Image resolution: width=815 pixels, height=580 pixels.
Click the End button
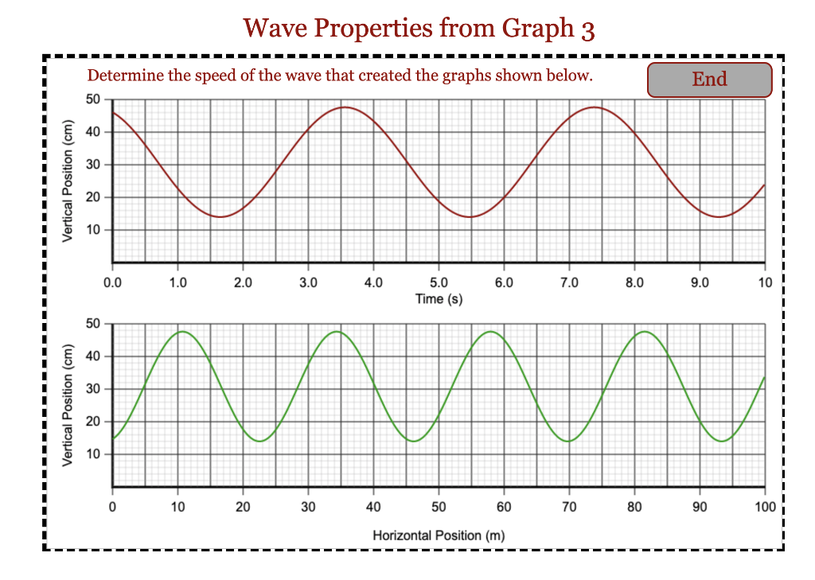pos(709,80)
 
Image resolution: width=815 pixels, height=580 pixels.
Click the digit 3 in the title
pos(587,29)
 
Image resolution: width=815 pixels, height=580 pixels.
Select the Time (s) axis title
pos(439,298)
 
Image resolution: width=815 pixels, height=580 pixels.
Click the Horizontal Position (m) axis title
pos(439,535)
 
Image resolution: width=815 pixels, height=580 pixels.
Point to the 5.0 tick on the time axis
pos(439,282)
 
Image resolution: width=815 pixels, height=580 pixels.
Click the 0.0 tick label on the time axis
pos(112,282)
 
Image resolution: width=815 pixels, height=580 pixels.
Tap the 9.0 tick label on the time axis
pos(700,282)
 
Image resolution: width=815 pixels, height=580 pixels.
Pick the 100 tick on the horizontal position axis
pos(765,506)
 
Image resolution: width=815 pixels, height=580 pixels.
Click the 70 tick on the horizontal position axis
pos(569,506)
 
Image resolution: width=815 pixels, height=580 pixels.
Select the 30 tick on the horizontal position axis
pos(308,506)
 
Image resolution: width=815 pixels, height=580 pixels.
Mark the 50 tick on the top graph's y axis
pos(94,99)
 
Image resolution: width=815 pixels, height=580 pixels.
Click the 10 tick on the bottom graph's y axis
pos(94,454)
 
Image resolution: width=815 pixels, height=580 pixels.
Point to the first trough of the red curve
pos(220,216)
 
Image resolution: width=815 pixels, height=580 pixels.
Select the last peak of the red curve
pos(594,107)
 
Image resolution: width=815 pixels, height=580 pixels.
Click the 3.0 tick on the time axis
pos(308,282)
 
